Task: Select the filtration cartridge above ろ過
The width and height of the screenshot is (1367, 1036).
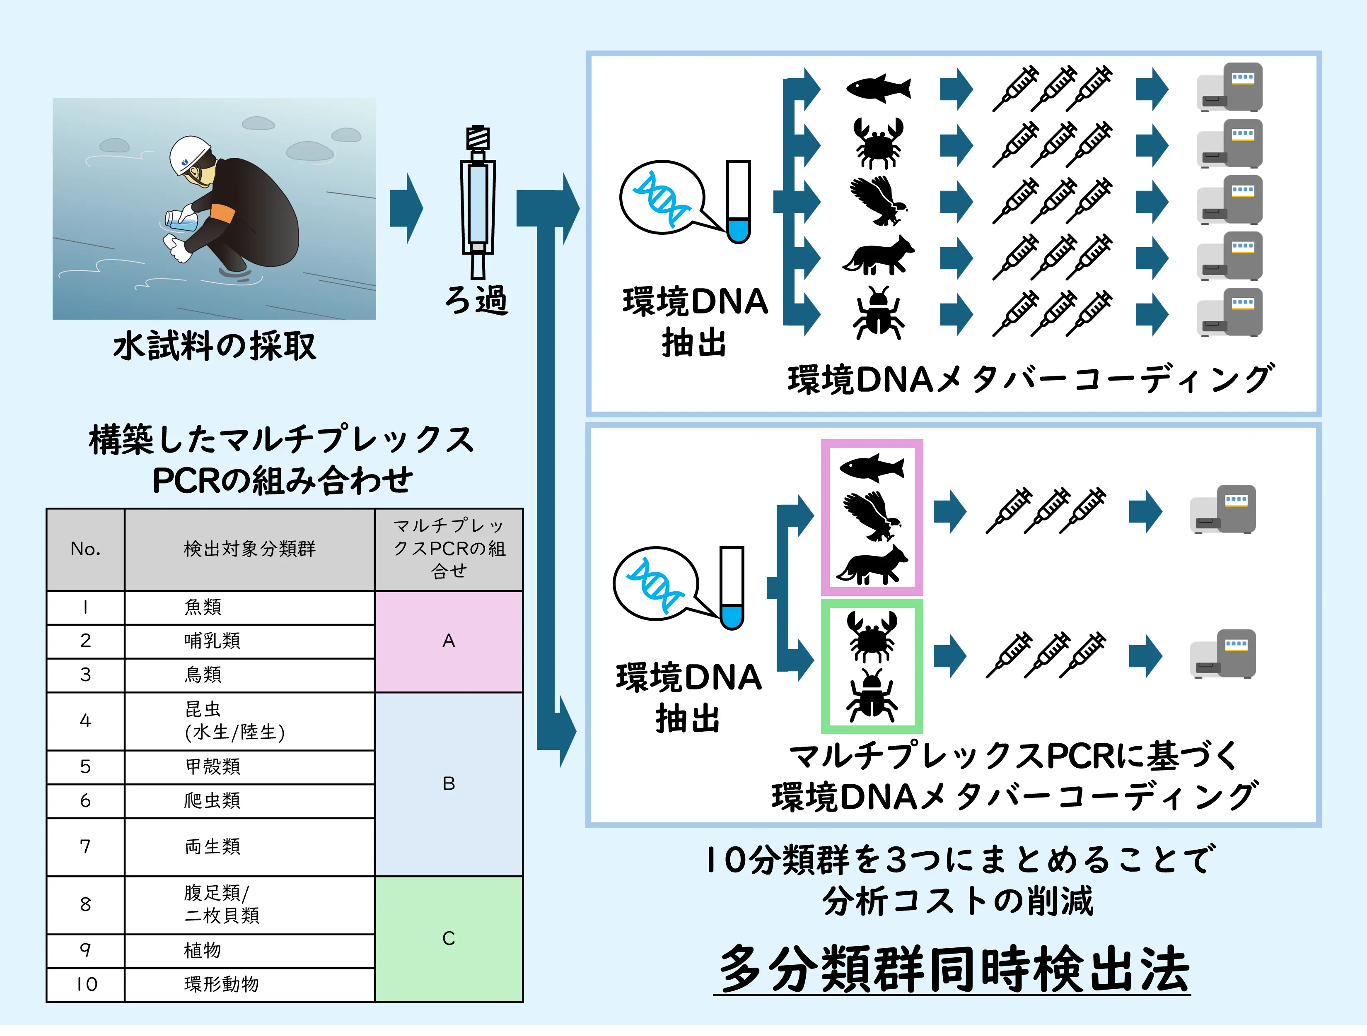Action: pyautogui.click(x=478, y=202)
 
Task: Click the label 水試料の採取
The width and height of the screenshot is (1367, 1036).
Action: pyautogui.click(x=215, y=346)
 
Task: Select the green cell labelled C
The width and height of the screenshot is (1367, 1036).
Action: pyautogui.click(x=449, y=938)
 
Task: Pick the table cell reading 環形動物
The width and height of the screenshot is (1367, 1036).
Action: pyautogui.click(x=250, y=985)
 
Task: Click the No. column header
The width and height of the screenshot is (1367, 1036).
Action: pyautogui.click(x=85, y=549)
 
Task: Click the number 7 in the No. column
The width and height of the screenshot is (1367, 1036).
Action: pyautogui.click(x=85, y=847)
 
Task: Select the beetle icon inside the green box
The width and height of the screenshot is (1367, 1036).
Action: pyautogui.click(x=872, y=696)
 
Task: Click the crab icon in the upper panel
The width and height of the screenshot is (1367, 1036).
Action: pyautogui.click(x=878, y=143)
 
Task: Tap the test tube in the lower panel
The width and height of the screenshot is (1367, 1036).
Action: pyautogui.click(x=732, y=588)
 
